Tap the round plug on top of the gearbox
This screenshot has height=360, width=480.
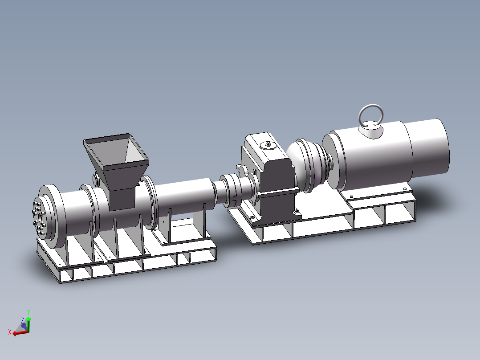click(268, 145)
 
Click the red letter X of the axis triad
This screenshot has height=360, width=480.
click(10, 332)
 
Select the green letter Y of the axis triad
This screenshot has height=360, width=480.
click(28, 312)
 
